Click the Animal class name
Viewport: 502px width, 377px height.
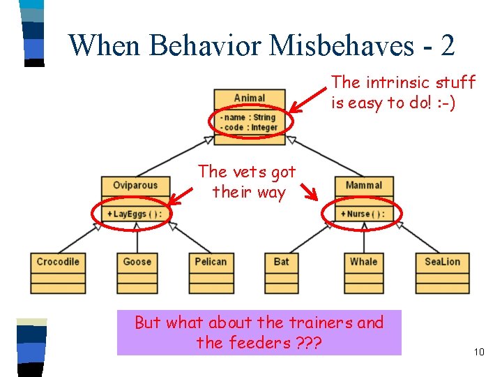[x=249, y=98]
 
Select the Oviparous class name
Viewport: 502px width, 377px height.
[x=135, y=186]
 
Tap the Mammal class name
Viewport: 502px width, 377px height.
[x=364, y=186]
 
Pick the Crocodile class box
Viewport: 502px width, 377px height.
[x=58, y=272]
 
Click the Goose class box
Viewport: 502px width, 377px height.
[x=137, y=272]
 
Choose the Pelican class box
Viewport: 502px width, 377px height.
[x=211, y=272]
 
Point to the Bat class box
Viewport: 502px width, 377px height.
[x=281, y=272]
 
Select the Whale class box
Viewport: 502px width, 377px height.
[x=363, y=272]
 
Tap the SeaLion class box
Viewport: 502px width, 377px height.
[x=442, y=272]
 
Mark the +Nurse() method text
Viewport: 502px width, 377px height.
[x=362, y=214]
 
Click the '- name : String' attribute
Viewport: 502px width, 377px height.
[x=248, y=117]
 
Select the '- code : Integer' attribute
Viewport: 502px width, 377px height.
[x=248, y=127]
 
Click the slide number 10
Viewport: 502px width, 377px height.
[x=478, y=352]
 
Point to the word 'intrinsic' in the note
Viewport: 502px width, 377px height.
[x=395, y=82]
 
